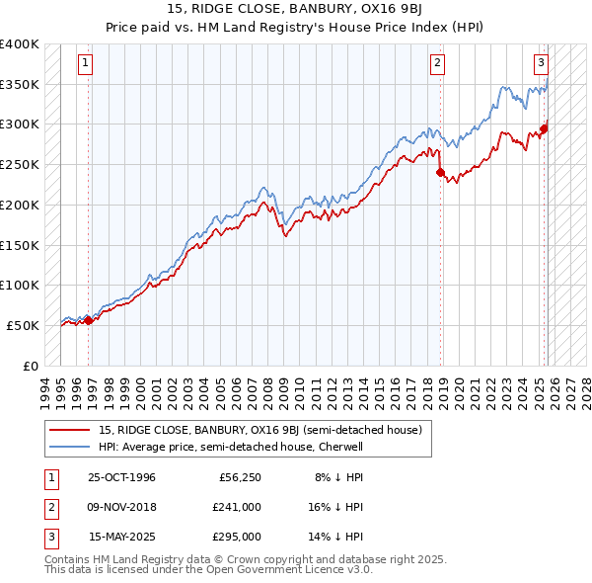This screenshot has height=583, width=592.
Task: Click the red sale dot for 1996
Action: [89, 320]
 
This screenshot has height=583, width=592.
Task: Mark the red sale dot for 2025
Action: [545, 127]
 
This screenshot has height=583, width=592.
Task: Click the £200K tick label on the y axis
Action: [20, 205]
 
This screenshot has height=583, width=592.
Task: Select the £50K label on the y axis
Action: [23, 325]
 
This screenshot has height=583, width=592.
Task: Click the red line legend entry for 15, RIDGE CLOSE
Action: [260, 430]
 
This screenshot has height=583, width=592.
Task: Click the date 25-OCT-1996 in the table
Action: [121, 477]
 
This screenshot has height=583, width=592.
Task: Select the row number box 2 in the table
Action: [50, 507]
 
